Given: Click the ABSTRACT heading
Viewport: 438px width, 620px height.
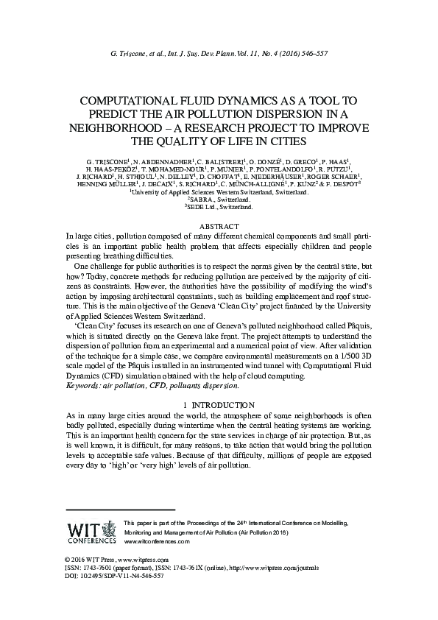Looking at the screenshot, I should coord(219,225).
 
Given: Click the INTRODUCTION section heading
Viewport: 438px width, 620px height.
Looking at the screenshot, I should coord(222,405).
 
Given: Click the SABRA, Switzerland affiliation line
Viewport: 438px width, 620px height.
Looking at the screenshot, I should coord(219,200).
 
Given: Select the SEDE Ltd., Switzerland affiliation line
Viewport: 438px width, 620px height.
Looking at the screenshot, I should coord(219,208).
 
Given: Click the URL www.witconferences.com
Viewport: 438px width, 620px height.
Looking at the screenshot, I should coord(158,541).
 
